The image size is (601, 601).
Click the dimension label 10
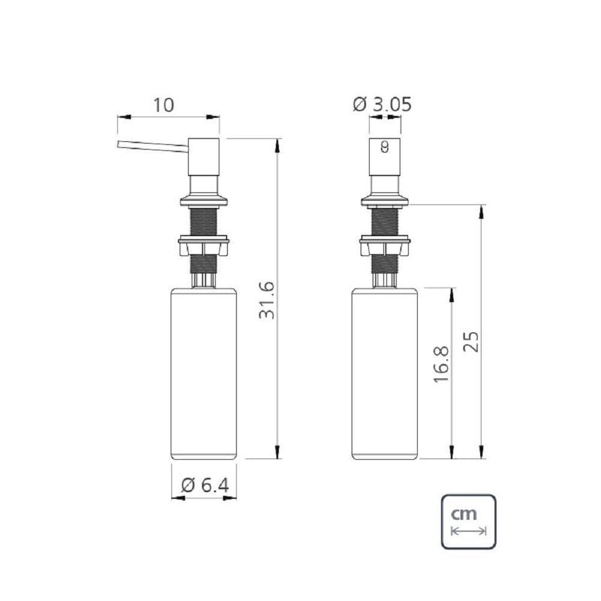163,105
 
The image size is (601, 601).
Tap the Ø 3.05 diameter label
382,105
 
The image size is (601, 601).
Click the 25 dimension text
472,342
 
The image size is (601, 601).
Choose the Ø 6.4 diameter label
204,484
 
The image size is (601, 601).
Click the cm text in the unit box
464,514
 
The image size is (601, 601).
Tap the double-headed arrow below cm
468,531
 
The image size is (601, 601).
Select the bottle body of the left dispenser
204,373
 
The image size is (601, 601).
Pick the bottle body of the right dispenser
385,373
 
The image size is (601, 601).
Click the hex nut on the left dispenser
204,246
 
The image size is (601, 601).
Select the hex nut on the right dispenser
385,246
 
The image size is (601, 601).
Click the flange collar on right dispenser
385,200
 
